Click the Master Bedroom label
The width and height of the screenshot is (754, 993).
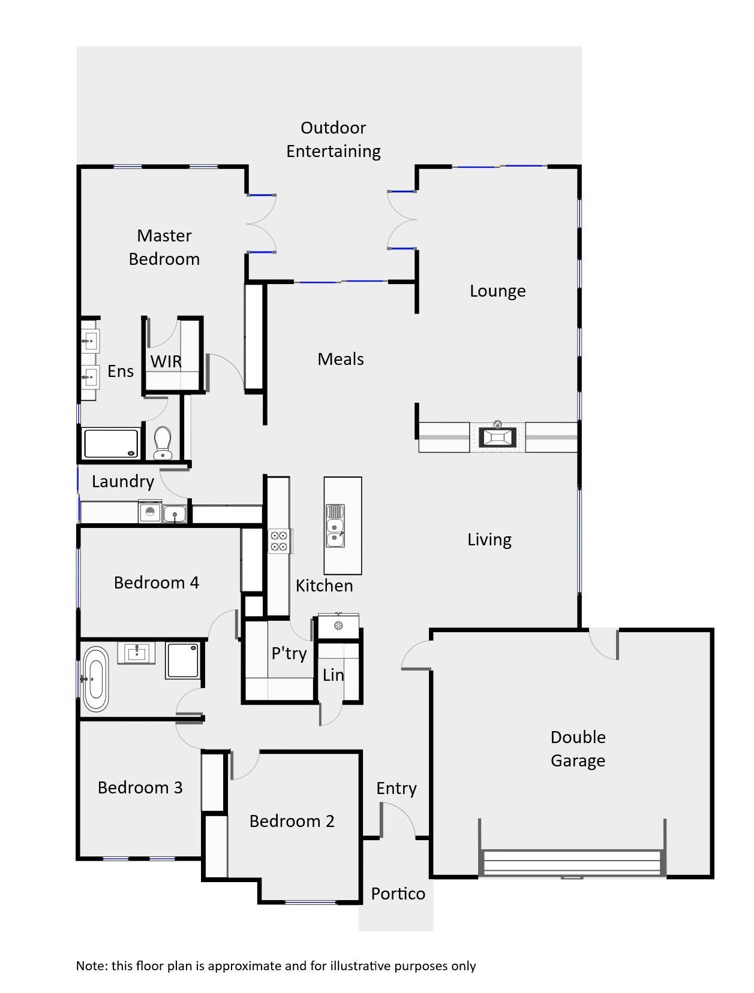click(x=164, y=248)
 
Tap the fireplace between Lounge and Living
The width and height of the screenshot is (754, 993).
click(x=497, y=437)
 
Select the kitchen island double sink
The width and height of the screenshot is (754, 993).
click(x=335, y=526)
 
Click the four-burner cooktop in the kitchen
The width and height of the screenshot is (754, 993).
click(x=278, y=541)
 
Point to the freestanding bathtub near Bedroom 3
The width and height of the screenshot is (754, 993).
click(x=95, y=679)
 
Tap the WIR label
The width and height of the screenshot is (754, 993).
click(x=166, y=361)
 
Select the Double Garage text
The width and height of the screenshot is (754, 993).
click(x=578, y=748)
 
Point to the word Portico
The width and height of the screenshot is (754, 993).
click(x=398, y=894)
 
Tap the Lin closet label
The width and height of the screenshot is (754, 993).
click(x=333, y=675)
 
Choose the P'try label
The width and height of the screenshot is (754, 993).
click(x=289, y=653)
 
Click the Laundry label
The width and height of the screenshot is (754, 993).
click(x=123, y=481)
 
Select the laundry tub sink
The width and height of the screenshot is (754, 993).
click(x=175, y=514)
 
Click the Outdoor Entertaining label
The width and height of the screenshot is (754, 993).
click(x=333, y=139)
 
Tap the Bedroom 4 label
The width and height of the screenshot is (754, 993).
click(x=156, y=582)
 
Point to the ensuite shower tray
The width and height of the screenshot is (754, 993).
click(x=111, y=443)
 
